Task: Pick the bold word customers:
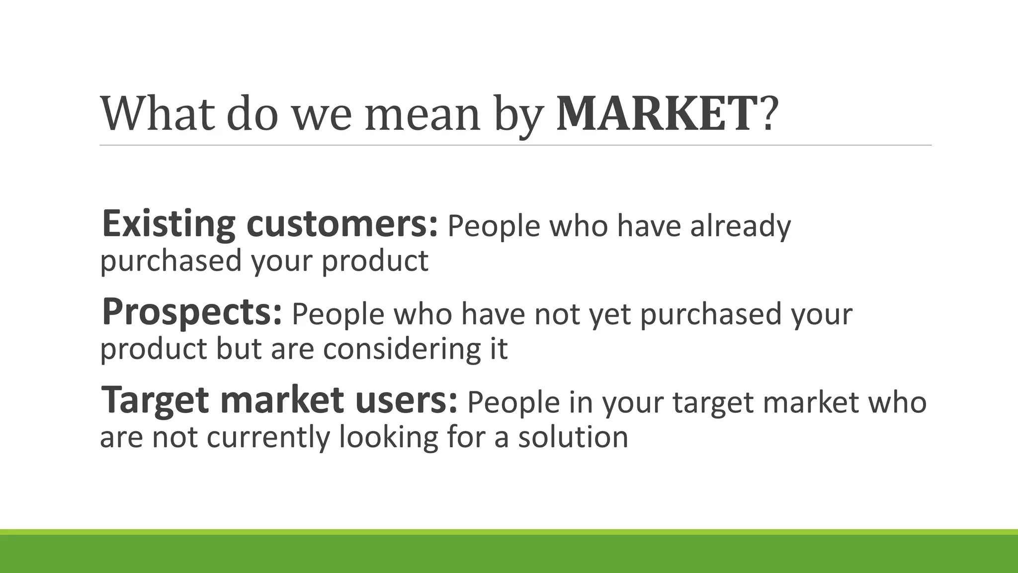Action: click(342, 225)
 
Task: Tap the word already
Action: click(740, 227)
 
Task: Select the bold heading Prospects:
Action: click(192, 312)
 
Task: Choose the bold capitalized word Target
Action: click(154, 401)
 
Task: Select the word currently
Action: click(268, 438)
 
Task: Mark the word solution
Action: click(573, 437)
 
